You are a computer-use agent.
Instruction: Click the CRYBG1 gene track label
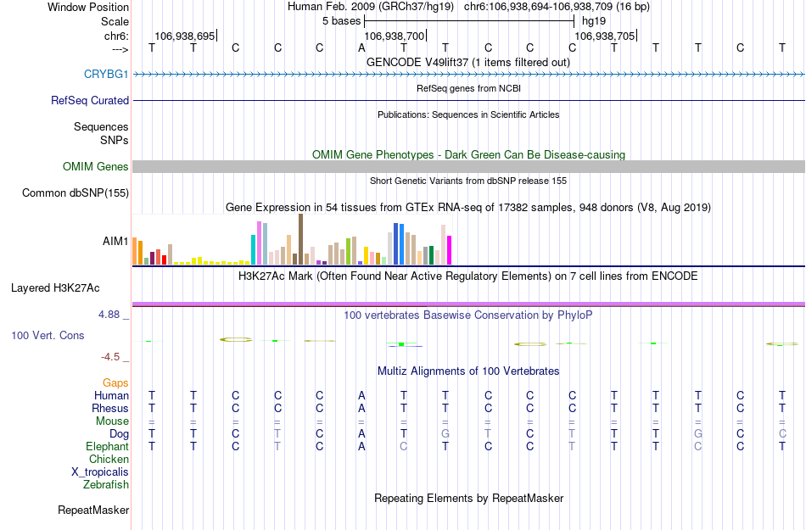click(x=106, y=75)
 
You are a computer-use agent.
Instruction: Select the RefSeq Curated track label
click(x=90, y=100)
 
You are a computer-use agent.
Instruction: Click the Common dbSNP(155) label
click(x=75, y=193)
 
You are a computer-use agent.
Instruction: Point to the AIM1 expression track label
click(x=115, y=241)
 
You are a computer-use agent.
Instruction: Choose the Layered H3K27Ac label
click(x=70, y=287)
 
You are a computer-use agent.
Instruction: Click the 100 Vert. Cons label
click(x=48, y=336)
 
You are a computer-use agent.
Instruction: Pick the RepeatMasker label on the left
click(x=93, y=510)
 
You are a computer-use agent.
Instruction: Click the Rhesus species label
click(x=110, y=408)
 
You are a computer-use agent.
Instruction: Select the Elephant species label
click(x=107, y=446)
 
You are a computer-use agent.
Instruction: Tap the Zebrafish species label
click(x=106, y=485)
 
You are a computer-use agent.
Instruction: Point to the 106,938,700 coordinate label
click(x=394, y=36)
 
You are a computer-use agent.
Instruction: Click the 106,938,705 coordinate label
click(x=604, y=36)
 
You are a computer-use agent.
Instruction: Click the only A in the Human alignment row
click(x=361, y=395)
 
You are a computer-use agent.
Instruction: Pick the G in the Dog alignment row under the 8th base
click(x=445, y=433)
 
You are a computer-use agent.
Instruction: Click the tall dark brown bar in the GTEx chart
click(x=300, y=239)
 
